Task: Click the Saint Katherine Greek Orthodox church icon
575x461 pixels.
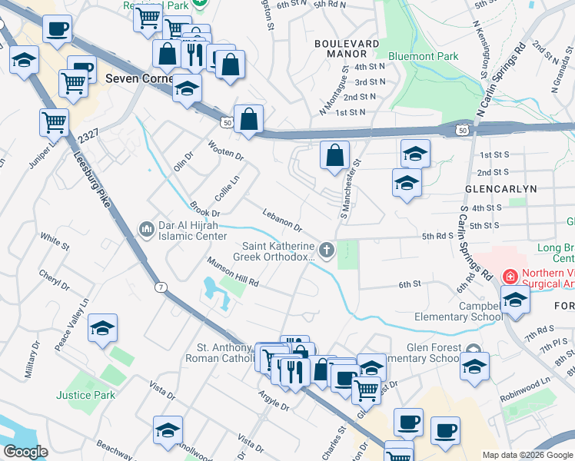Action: click(327, 249)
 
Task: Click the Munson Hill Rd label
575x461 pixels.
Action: click(231, 272)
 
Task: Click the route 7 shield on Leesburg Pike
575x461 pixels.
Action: click(160, 287)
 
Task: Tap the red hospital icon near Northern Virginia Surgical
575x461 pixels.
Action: click(509, 276)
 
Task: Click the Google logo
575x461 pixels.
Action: click(25, 452)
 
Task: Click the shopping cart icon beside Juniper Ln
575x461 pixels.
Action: click(54, 121)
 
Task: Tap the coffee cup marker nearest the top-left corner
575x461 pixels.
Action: click(57, 30)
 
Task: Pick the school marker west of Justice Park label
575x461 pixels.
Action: click(102, 328)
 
